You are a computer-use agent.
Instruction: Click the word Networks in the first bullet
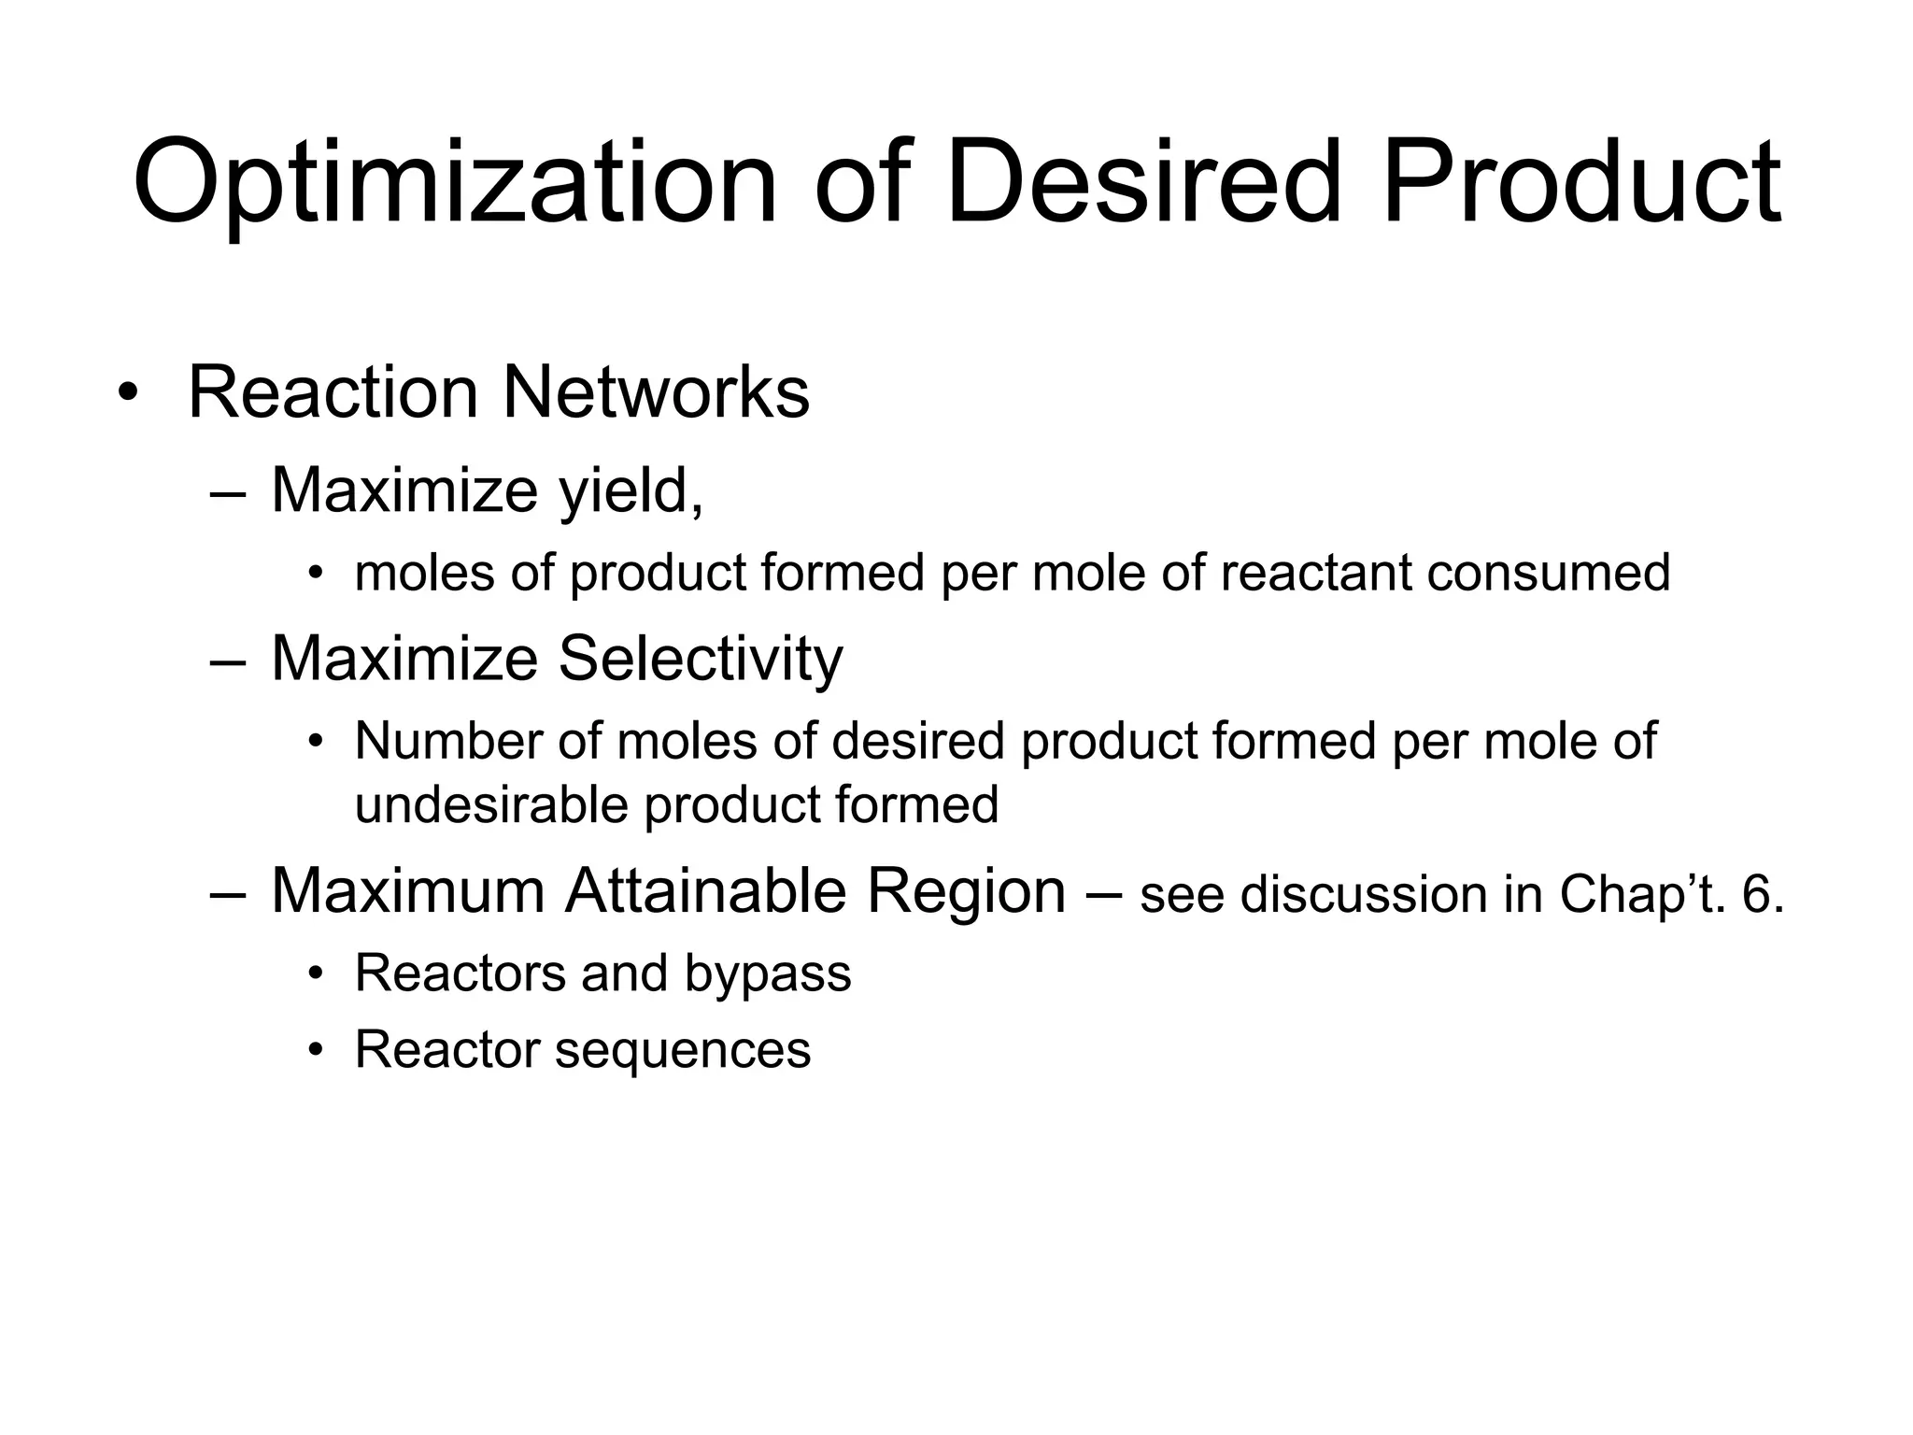click(656, 392)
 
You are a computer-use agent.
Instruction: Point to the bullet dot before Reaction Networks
click(128, 393)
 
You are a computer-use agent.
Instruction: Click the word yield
click(631, 490)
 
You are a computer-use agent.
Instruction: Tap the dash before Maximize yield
click(228, 492)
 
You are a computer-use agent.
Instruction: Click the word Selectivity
click(700, 659)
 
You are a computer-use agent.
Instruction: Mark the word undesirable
click(491, 804)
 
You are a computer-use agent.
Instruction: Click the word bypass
click(768, 974)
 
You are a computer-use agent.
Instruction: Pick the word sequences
click(683, 1050)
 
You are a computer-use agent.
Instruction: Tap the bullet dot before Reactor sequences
click(316, 1051)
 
